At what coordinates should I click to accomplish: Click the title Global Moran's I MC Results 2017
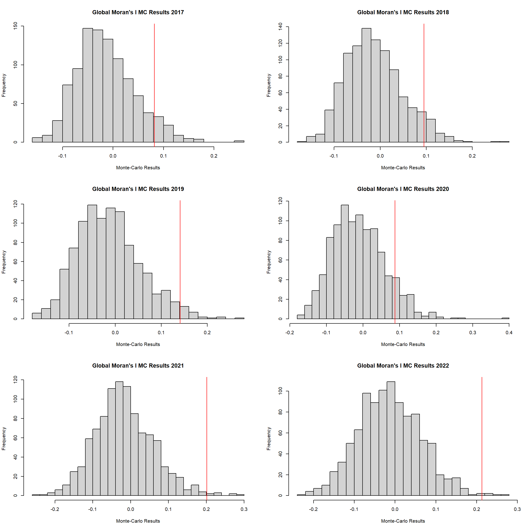pyautogui.click(x=138, y=12)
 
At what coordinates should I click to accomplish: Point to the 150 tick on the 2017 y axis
pyautogui.click(x=15, y=26)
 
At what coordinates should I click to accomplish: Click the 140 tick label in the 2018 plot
pyautogui.click(x=280, y=27)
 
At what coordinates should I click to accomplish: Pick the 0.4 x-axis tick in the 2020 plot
pyautogui.click(x=509, y=332)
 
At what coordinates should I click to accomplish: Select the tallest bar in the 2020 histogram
pyautogui.click(x=345, y=261)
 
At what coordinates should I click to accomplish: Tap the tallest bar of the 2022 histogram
pyautogui.click(x=391, y=439)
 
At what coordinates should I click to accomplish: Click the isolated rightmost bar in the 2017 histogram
pyautogui.click(x=239, y=141)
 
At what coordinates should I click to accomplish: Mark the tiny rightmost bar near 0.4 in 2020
pyautogui.click(x=505, y=318)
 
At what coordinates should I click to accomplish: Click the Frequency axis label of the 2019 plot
pyautogui.click(x=4, y=262)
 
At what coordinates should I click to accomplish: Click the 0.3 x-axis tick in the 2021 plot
pyautogui.click(x=244, y=509)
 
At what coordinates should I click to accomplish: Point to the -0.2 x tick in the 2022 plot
pyautogui.click(x=314, y=509)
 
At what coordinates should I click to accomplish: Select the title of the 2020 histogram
pyautogui.click(x=403, y=189)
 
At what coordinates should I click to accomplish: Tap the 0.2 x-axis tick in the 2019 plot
pyautogui.click(x=207, y=332)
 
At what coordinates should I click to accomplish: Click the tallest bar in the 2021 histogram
pyautogui.click(x=119, y=439)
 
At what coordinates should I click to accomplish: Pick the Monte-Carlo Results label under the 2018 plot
pyautogui.click(x=403, y=168)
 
